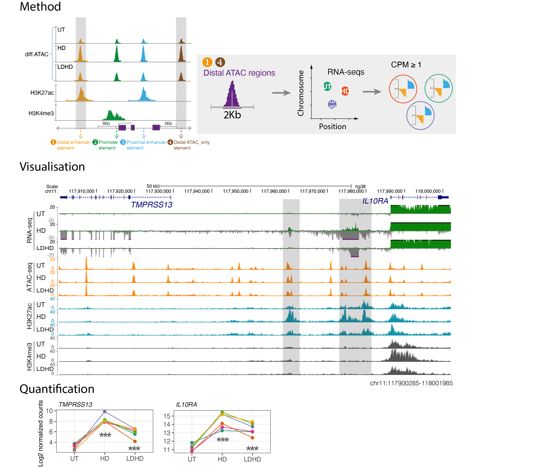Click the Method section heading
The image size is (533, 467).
click(40, 7)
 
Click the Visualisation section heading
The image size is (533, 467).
click(52, 167)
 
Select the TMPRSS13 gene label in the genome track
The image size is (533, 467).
click(152, 205)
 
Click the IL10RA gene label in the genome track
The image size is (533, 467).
click(375, 201)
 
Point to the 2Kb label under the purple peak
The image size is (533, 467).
click(232, 115)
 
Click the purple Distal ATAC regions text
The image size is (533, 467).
click(239, 73)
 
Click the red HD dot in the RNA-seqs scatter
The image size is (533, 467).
click(345, 91)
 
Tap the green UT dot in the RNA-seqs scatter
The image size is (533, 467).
click(327, 86)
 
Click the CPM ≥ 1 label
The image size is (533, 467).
click(406, 65)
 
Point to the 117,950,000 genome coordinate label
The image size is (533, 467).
click(235, 191)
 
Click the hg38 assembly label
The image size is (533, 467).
click(360, 187)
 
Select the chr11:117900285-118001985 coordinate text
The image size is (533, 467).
click(411, 383)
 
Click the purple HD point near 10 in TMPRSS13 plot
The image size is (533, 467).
click(105, 412)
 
